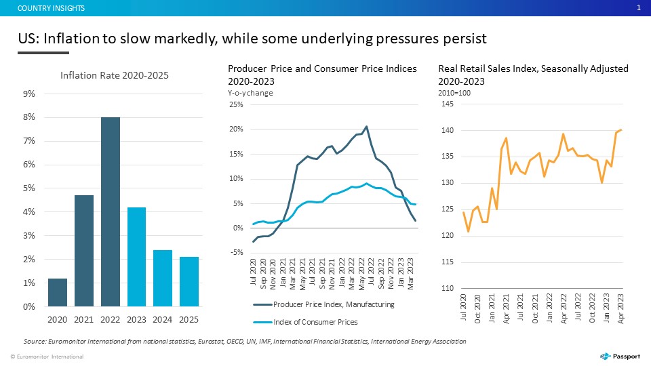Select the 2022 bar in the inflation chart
[111, 211]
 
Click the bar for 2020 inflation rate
[57, 293]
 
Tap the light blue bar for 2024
[163, 278]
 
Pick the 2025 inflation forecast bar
[189, 282]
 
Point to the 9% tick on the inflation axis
[29, 94]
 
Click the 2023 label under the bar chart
[136, 319]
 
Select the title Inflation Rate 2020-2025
[115, 75]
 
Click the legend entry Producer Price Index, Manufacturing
[324, 304]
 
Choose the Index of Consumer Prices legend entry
[306, 322]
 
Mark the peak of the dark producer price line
[366, 127]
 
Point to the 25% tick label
[236, 104]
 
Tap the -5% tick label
[236, 252]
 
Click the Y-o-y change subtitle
[250, 93]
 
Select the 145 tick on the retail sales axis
[448, 104]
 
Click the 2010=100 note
[454, 93]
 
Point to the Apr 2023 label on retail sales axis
[620, 308]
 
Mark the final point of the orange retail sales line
[621, 130]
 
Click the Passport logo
[620, 356]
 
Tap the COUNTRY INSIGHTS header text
[51, 8]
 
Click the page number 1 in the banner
[639, 8]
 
